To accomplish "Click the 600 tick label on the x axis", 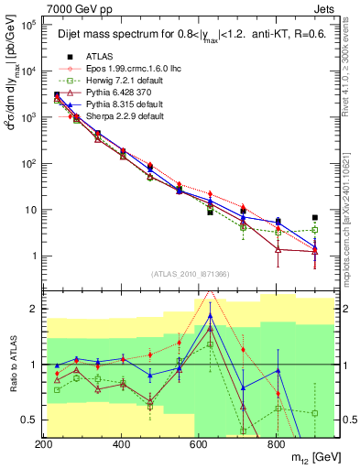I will (198, 444).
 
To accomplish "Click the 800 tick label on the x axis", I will (276, 444).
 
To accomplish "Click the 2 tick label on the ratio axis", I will (35, 309).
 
